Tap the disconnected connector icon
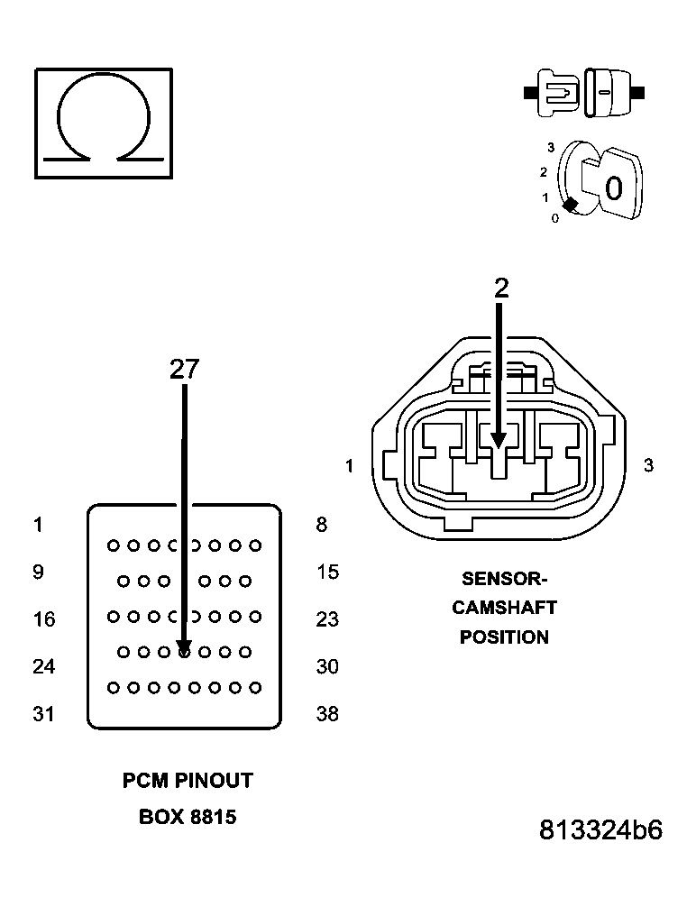point(585,93)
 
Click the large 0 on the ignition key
point(613,188)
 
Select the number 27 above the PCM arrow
point(184,369)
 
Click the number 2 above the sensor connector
point(501,288)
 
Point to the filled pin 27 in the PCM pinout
point(184,651)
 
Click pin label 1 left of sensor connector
point(349,466)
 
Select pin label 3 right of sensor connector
point(648,466)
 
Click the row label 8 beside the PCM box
point(322,525)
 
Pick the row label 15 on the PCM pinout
point(327,573)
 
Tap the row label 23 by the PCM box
point(327,619)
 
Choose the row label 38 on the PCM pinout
point(327,714)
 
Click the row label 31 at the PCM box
point(43,714)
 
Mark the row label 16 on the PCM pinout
point(43,619)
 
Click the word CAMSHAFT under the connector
point(504,608)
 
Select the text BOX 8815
point(188,818)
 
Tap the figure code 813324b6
point(600,830)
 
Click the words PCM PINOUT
point(188,781)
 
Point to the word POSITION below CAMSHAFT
point(504,637)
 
